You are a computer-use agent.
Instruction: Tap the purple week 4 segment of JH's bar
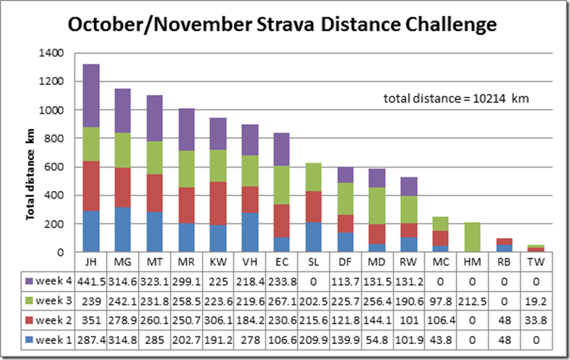pos(91,95)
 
